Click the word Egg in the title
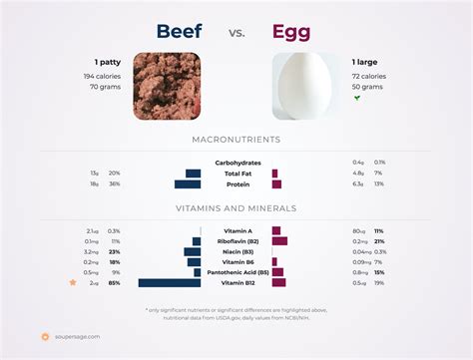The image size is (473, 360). [290, 32]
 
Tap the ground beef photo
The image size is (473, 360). [167, 86]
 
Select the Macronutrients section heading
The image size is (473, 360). [236, 140]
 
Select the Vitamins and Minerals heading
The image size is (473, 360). [236, 208]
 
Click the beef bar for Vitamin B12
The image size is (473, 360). [170, 283]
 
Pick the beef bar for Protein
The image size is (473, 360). [188, 184]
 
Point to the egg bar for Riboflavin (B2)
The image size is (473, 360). [279, 240]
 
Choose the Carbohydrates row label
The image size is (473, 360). [237, 163]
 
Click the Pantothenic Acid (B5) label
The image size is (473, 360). [236, 272]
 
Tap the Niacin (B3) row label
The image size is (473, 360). [237, 251]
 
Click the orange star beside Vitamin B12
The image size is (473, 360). [72, 283]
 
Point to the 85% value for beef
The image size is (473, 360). [115, 283]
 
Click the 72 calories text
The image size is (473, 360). [369, 76]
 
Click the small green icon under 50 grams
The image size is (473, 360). [357, 98]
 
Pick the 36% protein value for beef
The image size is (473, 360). [115, 184]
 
